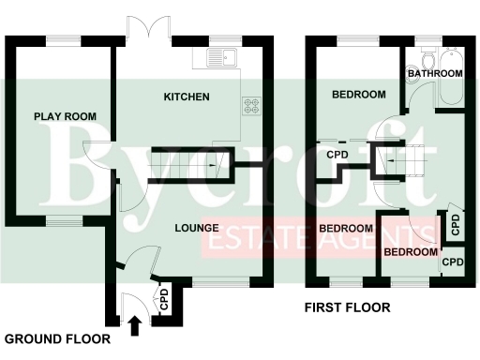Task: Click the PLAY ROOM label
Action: point(66,116)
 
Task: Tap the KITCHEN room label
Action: point(187,97)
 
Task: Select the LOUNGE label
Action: point(196,228)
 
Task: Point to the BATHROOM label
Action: point(435,73)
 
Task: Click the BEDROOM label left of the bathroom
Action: point(359,95)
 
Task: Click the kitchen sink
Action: point(221,59)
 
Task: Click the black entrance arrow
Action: point(133,325)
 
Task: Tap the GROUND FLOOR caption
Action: point(57,338)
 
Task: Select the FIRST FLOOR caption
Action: point(347,307)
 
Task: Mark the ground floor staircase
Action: point(184,165)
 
